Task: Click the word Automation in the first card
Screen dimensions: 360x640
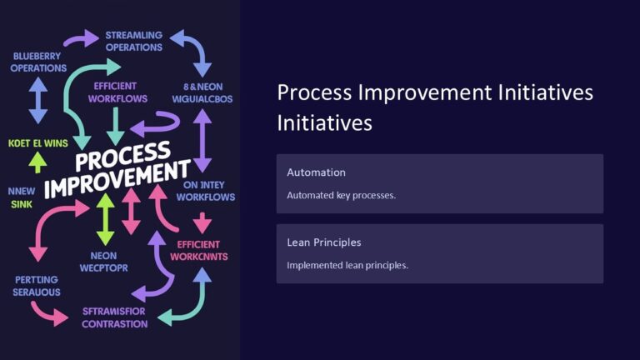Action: click(x=316, y=172)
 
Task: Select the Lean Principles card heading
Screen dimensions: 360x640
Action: click(x=324, y=242)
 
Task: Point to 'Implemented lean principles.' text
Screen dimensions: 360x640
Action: click(x=347, y=265)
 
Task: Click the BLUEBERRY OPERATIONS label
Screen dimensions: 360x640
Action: click(x=38, y=62)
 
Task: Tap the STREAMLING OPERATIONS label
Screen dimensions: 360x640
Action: click(x=133, y=42)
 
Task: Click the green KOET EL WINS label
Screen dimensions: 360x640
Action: click(x=38, y=143)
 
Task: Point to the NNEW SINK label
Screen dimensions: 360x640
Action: click(x=22, y=197)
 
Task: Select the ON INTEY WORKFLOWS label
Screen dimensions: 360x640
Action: click(x=205, y=191)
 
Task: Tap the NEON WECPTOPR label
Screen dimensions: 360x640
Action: click(x=104, y=262)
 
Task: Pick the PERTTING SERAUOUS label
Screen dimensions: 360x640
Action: click(x=37, y=286)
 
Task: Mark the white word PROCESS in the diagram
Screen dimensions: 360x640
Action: click(x=121, y=158)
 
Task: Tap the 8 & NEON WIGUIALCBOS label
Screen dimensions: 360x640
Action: click(x=202, y=92)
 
